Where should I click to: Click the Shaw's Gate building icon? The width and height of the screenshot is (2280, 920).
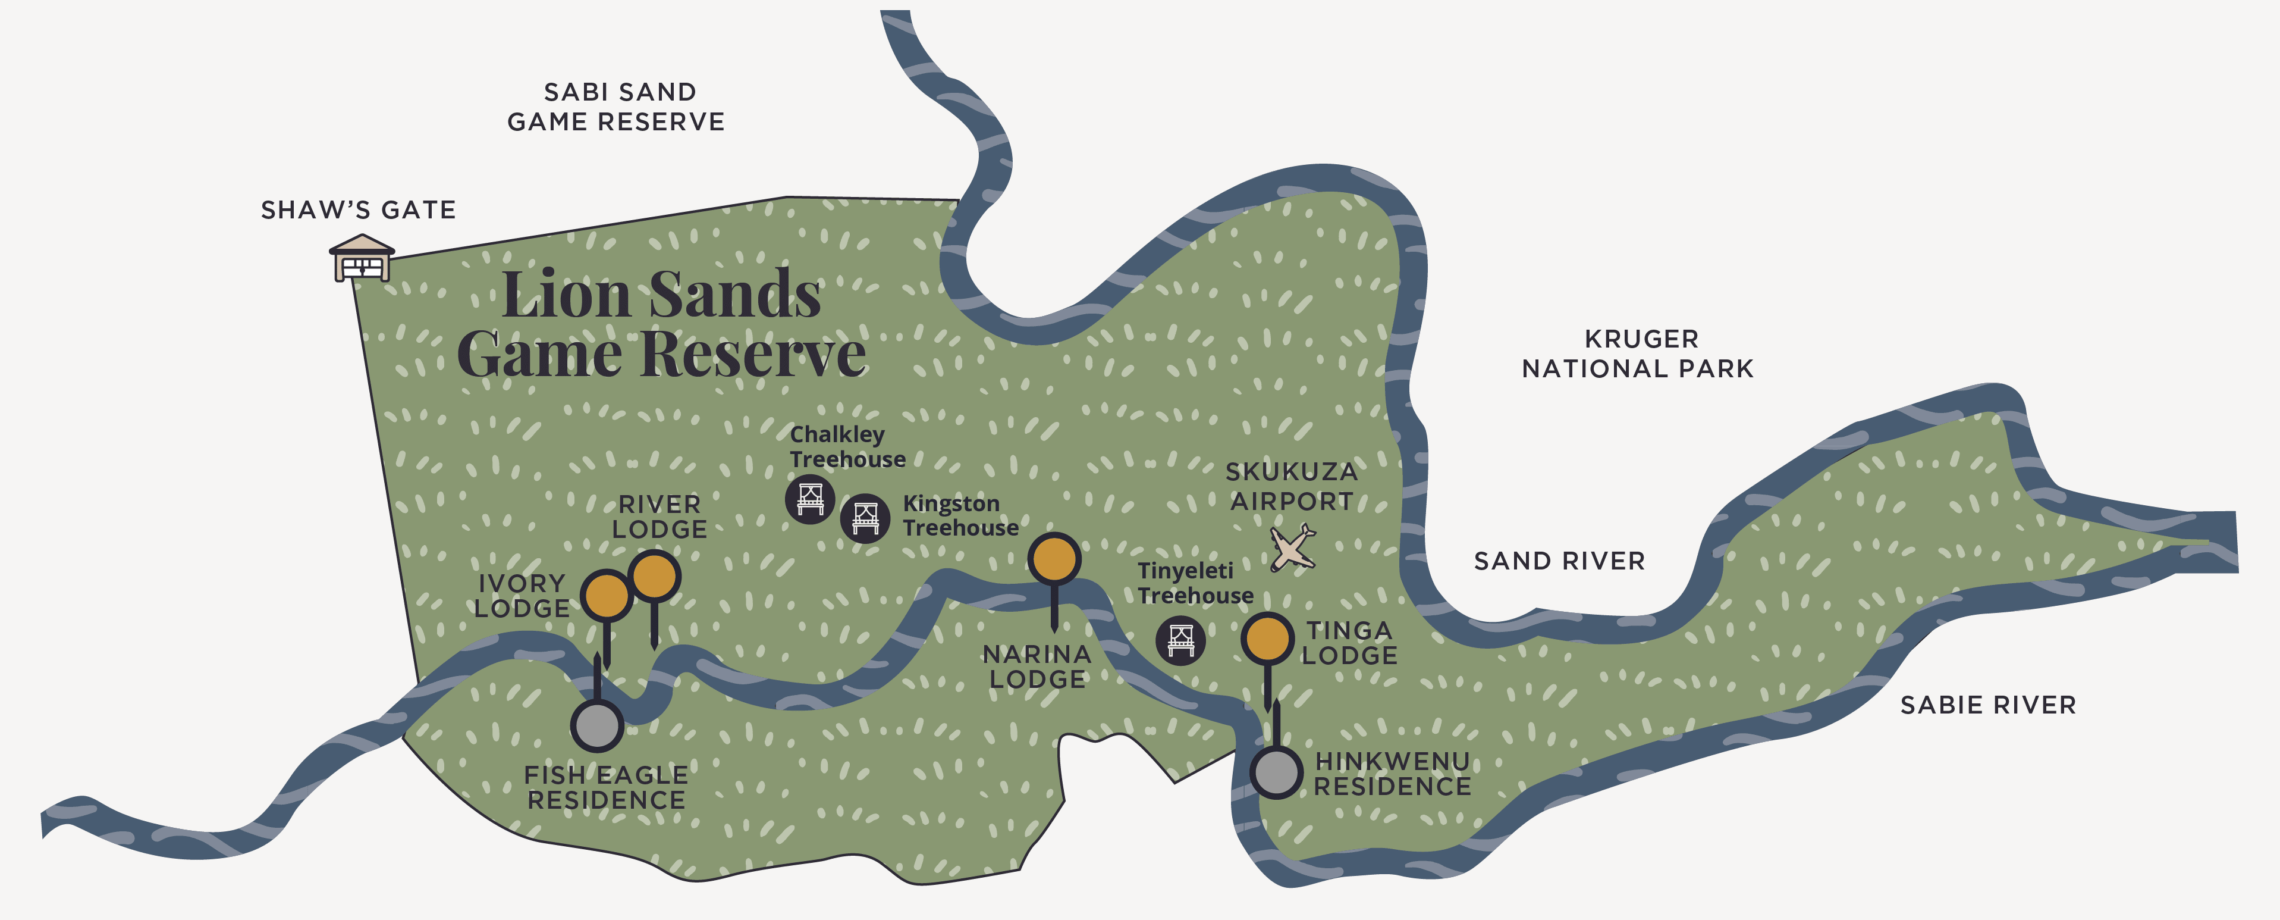coord(361,258)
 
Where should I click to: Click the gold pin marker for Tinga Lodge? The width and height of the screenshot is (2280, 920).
coord(1267,637)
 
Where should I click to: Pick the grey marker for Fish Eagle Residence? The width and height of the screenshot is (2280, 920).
coord(598,725)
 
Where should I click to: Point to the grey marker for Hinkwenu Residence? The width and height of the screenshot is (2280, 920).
coord(1276,772)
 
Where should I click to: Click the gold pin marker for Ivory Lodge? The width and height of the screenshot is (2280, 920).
coord(607,595)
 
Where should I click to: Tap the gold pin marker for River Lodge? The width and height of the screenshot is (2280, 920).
coord(655,577)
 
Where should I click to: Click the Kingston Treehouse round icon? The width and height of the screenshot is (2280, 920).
coord(865,517)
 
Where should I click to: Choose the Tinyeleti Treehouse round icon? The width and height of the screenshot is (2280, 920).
coord(1180,639)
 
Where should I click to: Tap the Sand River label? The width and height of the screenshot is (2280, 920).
coord(1559,561)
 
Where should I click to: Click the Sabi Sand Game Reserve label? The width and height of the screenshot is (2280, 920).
coord(617,107)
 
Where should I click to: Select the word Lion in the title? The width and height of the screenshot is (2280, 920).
coord(567,295)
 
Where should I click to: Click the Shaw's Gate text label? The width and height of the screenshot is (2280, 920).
coord(359,211)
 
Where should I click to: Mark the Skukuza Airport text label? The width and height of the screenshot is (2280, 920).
coord(1292,487)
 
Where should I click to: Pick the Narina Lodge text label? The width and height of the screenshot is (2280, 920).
coord(1037,666)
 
